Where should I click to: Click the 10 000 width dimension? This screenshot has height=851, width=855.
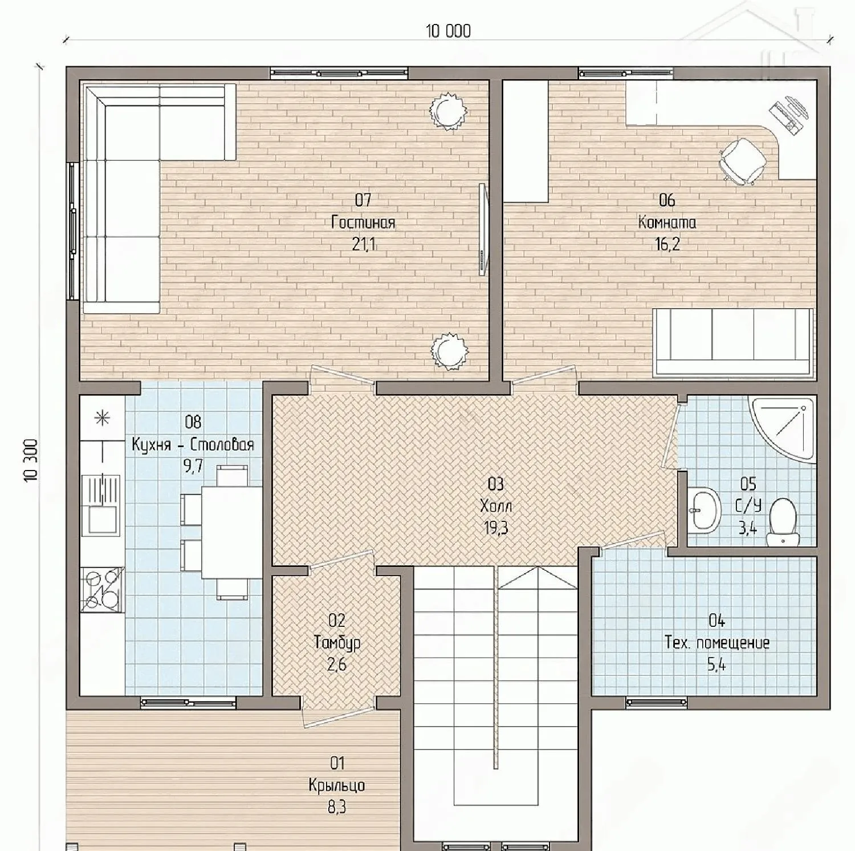[x=449, y=31]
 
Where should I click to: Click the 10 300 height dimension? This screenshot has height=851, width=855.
[x=32, y=460]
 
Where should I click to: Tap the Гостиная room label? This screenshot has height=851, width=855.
[x=363, y=222]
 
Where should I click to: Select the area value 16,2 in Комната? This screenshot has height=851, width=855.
[x=667, y=244]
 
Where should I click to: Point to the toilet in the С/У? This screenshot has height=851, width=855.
[x=781, y=521]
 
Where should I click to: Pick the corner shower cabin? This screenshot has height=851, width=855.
[x=782, y=428]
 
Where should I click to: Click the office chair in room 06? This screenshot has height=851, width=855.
[x=742, y=159]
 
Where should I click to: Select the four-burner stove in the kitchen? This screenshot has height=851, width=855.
[x=102, y=589]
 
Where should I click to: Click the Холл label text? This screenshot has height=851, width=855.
[x=496, y=506]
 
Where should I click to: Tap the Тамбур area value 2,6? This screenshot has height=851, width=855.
[x=337, y=665]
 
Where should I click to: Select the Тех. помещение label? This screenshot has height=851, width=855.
[x=717, y=643]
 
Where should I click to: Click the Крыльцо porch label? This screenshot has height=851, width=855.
[x=337, y=785]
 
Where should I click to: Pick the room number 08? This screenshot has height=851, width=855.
[x=193, y=422]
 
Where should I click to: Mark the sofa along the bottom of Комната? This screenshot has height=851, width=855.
[x=732, y=342]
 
